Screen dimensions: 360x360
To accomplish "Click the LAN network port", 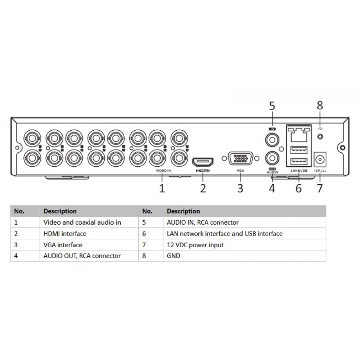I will [297, 134].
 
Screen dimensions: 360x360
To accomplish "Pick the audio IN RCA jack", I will [272, 139].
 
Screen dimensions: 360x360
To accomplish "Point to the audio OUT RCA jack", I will [272, 158].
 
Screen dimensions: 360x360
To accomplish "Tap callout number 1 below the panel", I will [162, 188].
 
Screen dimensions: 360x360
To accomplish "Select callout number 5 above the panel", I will [272, 105].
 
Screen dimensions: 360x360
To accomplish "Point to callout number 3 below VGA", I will [240, 188].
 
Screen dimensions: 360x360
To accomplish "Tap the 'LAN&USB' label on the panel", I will [298, 170].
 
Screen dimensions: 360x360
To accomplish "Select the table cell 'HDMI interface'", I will [65, 234].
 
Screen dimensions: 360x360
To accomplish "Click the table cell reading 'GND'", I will [173, 256].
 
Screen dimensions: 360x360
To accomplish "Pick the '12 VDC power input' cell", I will [195, 245].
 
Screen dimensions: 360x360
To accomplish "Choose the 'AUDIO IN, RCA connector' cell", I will [202, 222].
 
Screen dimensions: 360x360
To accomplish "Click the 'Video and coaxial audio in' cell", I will [82, 222].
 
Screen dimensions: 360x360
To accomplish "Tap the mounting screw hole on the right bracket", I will [343, 148].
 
